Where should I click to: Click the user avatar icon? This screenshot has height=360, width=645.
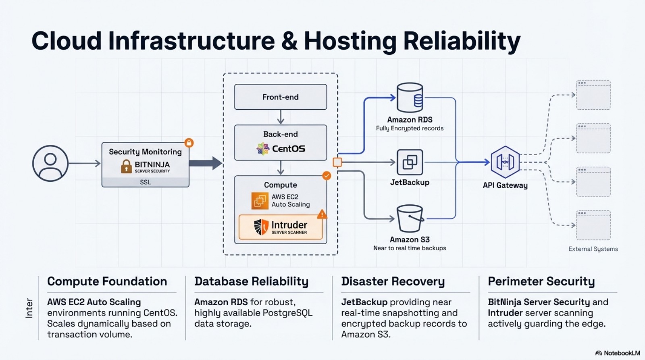[50, 163]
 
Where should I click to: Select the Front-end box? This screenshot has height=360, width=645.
[281, 97]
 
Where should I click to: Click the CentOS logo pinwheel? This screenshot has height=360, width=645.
[263, 149]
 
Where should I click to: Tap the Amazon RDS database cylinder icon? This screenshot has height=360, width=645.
[410, 98]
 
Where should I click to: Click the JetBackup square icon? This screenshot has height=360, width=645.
[410, 162]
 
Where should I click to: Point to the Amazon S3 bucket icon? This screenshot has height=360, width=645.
[410, 218]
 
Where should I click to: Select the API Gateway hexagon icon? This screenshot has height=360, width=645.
[505, 162]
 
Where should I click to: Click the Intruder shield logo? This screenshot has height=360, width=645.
[261, 227]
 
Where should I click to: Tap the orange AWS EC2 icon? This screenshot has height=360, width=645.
[260, 200]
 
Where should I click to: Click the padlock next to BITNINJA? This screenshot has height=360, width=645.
[126, 166]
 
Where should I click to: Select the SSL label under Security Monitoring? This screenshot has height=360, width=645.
[145, 182]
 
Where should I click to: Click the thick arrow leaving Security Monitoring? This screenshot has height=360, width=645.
[206, 163]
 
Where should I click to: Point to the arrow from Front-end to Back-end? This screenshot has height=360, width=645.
[281, 117]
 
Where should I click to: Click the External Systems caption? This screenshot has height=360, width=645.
[593, 249]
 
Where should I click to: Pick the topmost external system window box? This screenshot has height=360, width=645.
[593, 95]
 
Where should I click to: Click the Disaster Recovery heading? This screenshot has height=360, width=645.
[393, 281]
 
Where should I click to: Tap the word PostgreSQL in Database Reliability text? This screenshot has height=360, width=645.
[287, 313]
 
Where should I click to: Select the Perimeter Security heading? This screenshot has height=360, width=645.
[541, 281]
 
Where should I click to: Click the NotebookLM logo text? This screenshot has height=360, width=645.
[621, 353]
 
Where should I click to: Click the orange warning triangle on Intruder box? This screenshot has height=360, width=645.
[322, 214]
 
